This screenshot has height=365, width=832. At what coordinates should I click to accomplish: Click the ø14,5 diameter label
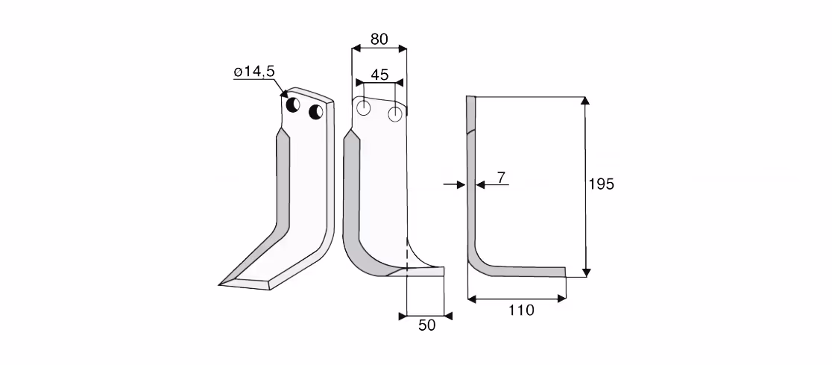pyautogui.click(x=253, y=72)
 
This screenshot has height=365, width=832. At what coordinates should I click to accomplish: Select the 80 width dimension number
pyautogui.click(x=379, y=39)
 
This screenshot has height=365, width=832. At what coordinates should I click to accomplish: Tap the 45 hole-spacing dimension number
pyautogui.click(x=379, y=75)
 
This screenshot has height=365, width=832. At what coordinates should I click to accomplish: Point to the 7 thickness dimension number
pyautogui.click(x=501, y=178)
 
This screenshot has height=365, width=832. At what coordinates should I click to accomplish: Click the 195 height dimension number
pyautogui.click(x=601, y=184)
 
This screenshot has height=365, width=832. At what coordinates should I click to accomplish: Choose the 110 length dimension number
pyautogui.click(x=521, y=311)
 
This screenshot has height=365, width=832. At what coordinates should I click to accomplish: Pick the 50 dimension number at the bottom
pyautogui.click(x=426, y=325)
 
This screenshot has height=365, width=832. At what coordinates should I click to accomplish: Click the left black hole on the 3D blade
pyautogui.click(x=293, y=104)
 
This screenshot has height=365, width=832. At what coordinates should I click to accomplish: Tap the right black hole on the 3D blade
pyautogui.click(x=315, y=111)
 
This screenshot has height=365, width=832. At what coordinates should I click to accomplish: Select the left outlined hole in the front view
pyautogui.click(x=364, y=107)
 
